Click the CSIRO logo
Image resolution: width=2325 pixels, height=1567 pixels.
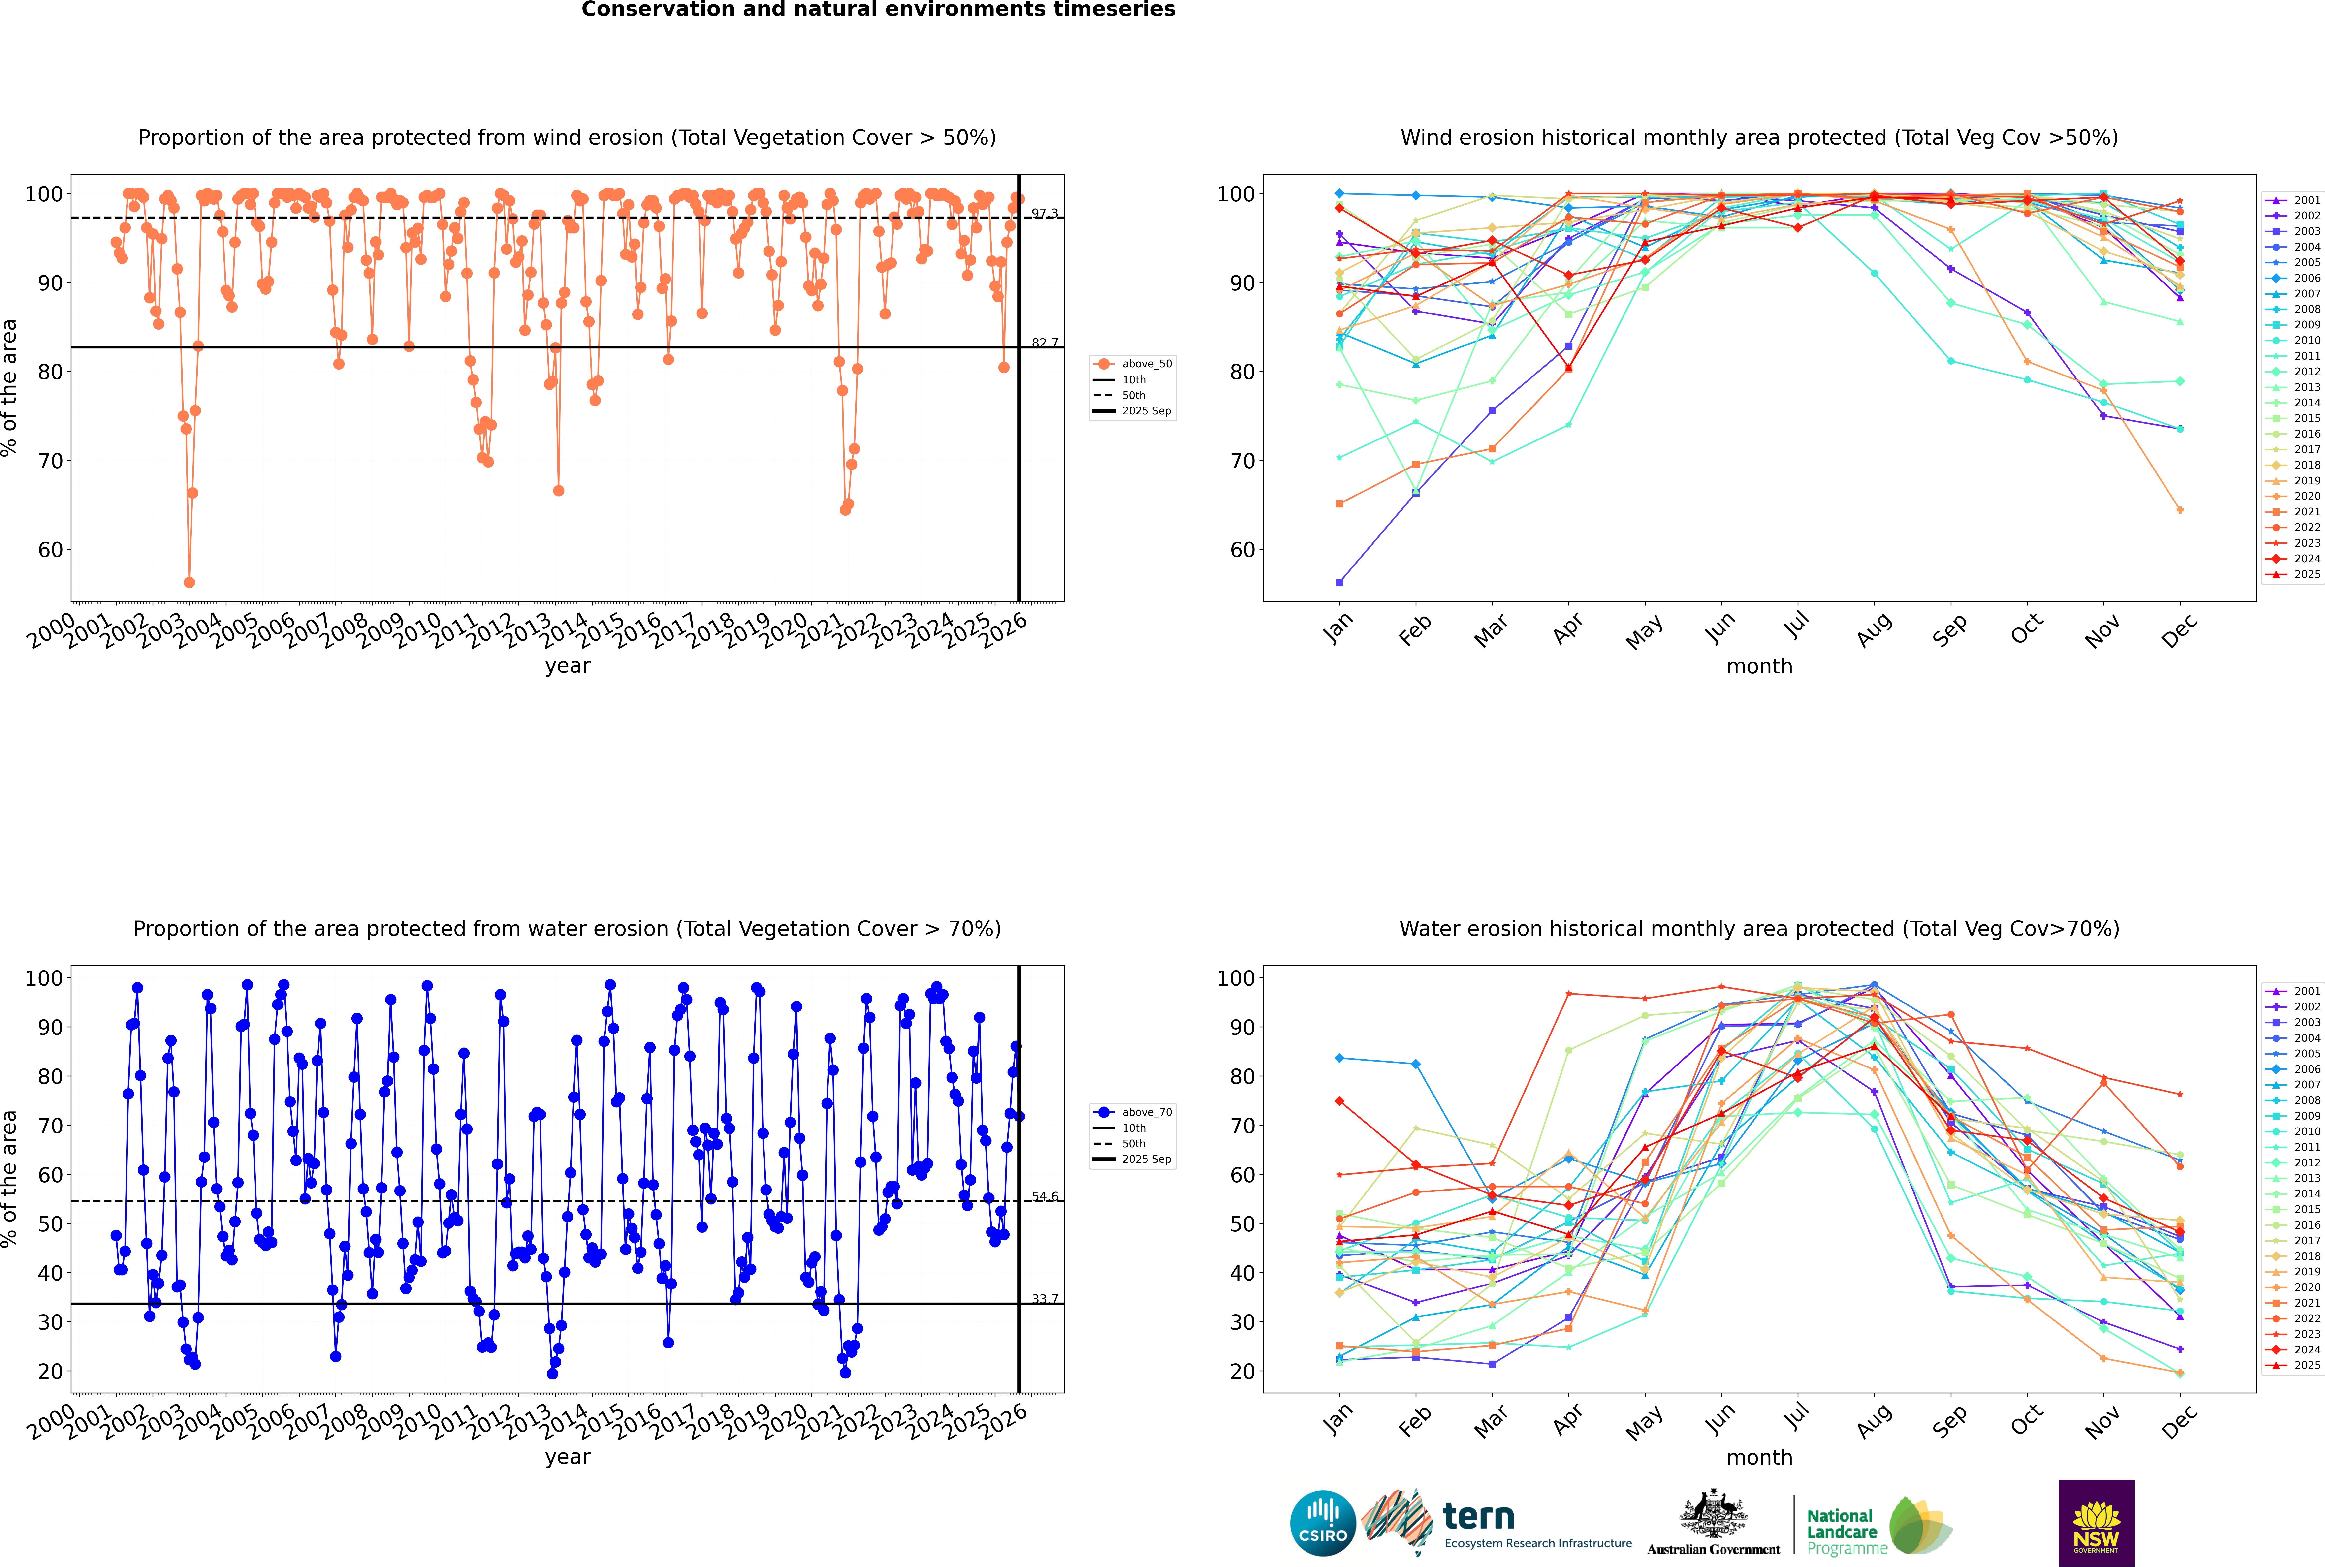tap(1322, 1523)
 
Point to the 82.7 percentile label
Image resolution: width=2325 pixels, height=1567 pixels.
tap(1045, 343)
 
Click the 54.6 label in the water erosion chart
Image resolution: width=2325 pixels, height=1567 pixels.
tap(1045, 1196)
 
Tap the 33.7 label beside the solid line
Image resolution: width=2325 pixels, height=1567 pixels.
tap(1045, 1299)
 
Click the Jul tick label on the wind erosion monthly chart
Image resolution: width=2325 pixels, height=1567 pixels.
tap(1796, 627)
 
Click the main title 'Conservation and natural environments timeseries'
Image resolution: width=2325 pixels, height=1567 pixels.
tap(878, 10)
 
